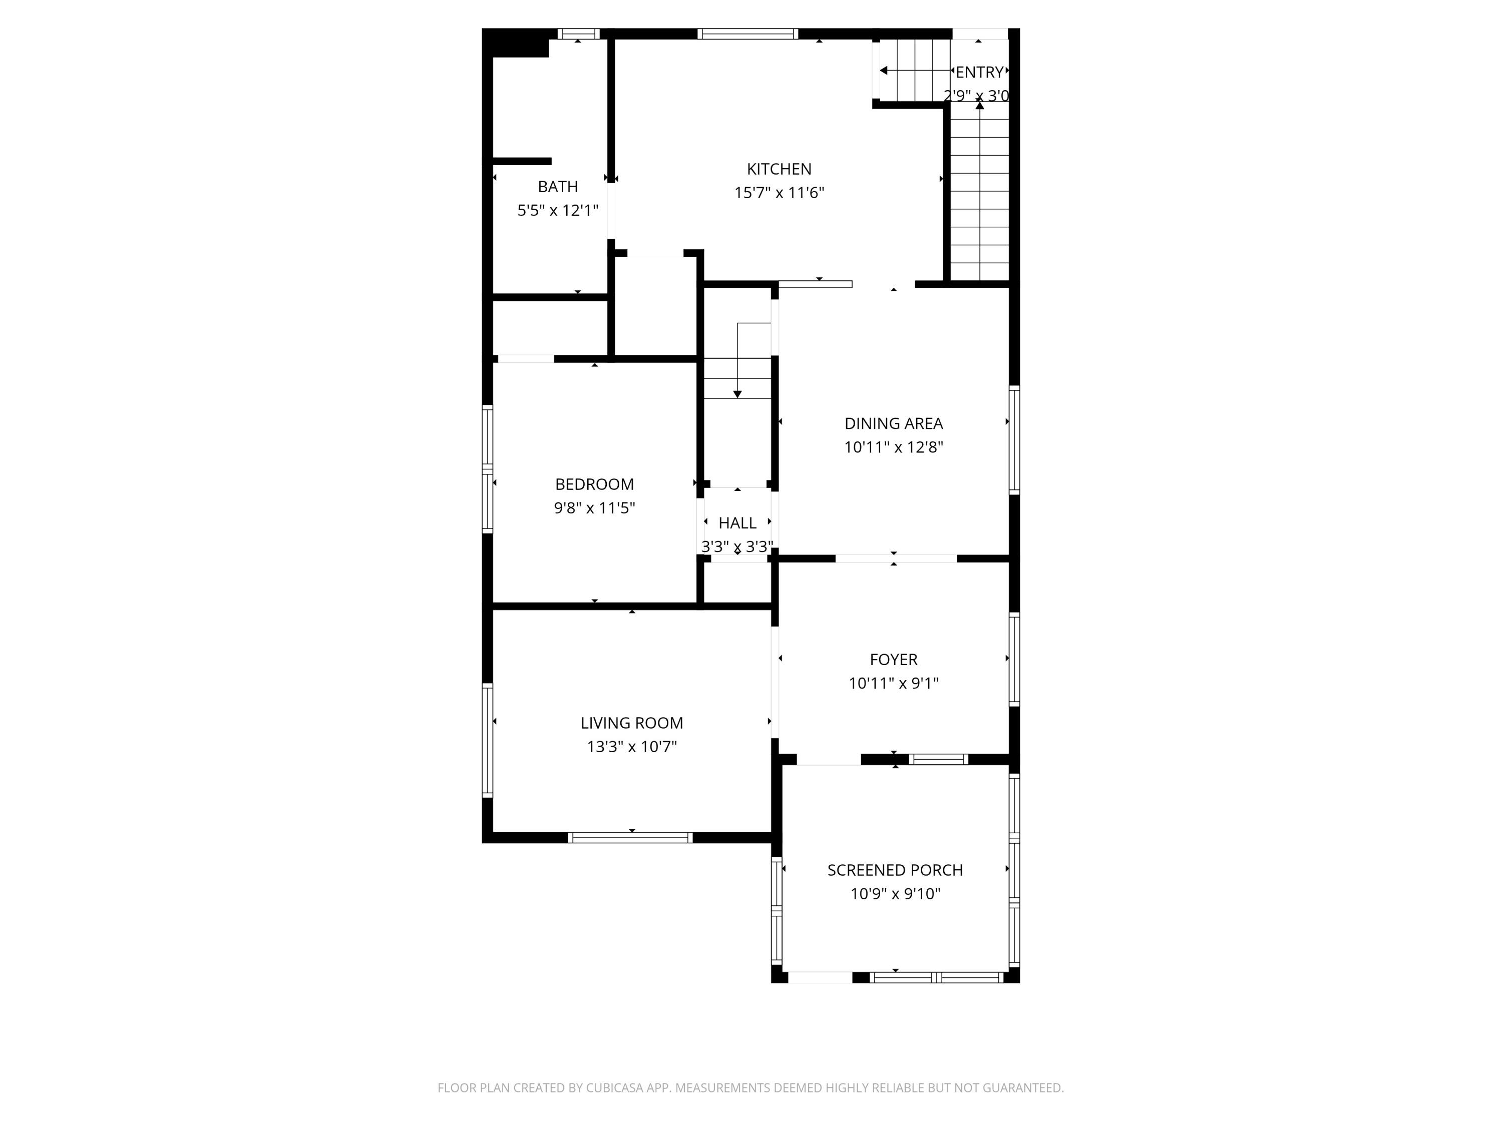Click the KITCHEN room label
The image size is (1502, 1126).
click(x=779, y=169)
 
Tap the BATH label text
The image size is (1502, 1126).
click(x=557, y=187)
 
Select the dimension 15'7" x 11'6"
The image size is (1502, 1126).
click(x=779, y=193)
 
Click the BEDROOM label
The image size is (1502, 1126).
click(x=594, y=484)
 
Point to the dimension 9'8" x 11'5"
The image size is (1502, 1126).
click(x=594, y=507)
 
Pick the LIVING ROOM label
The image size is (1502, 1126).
click(x=631, y=723)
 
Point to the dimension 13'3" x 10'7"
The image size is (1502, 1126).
click(x=631, y=747)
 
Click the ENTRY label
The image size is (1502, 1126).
click(x=979, y=72)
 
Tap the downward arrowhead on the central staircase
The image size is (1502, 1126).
click(x=737, y=394)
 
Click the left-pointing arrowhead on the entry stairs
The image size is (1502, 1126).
click(x=883, y=71)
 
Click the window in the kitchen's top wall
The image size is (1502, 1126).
click(x=747, y=34)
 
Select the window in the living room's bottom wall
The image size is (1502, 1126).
click(x=630, y=838)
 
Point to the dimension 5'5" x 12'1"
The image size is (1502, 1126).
click(x=557, y=210)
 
